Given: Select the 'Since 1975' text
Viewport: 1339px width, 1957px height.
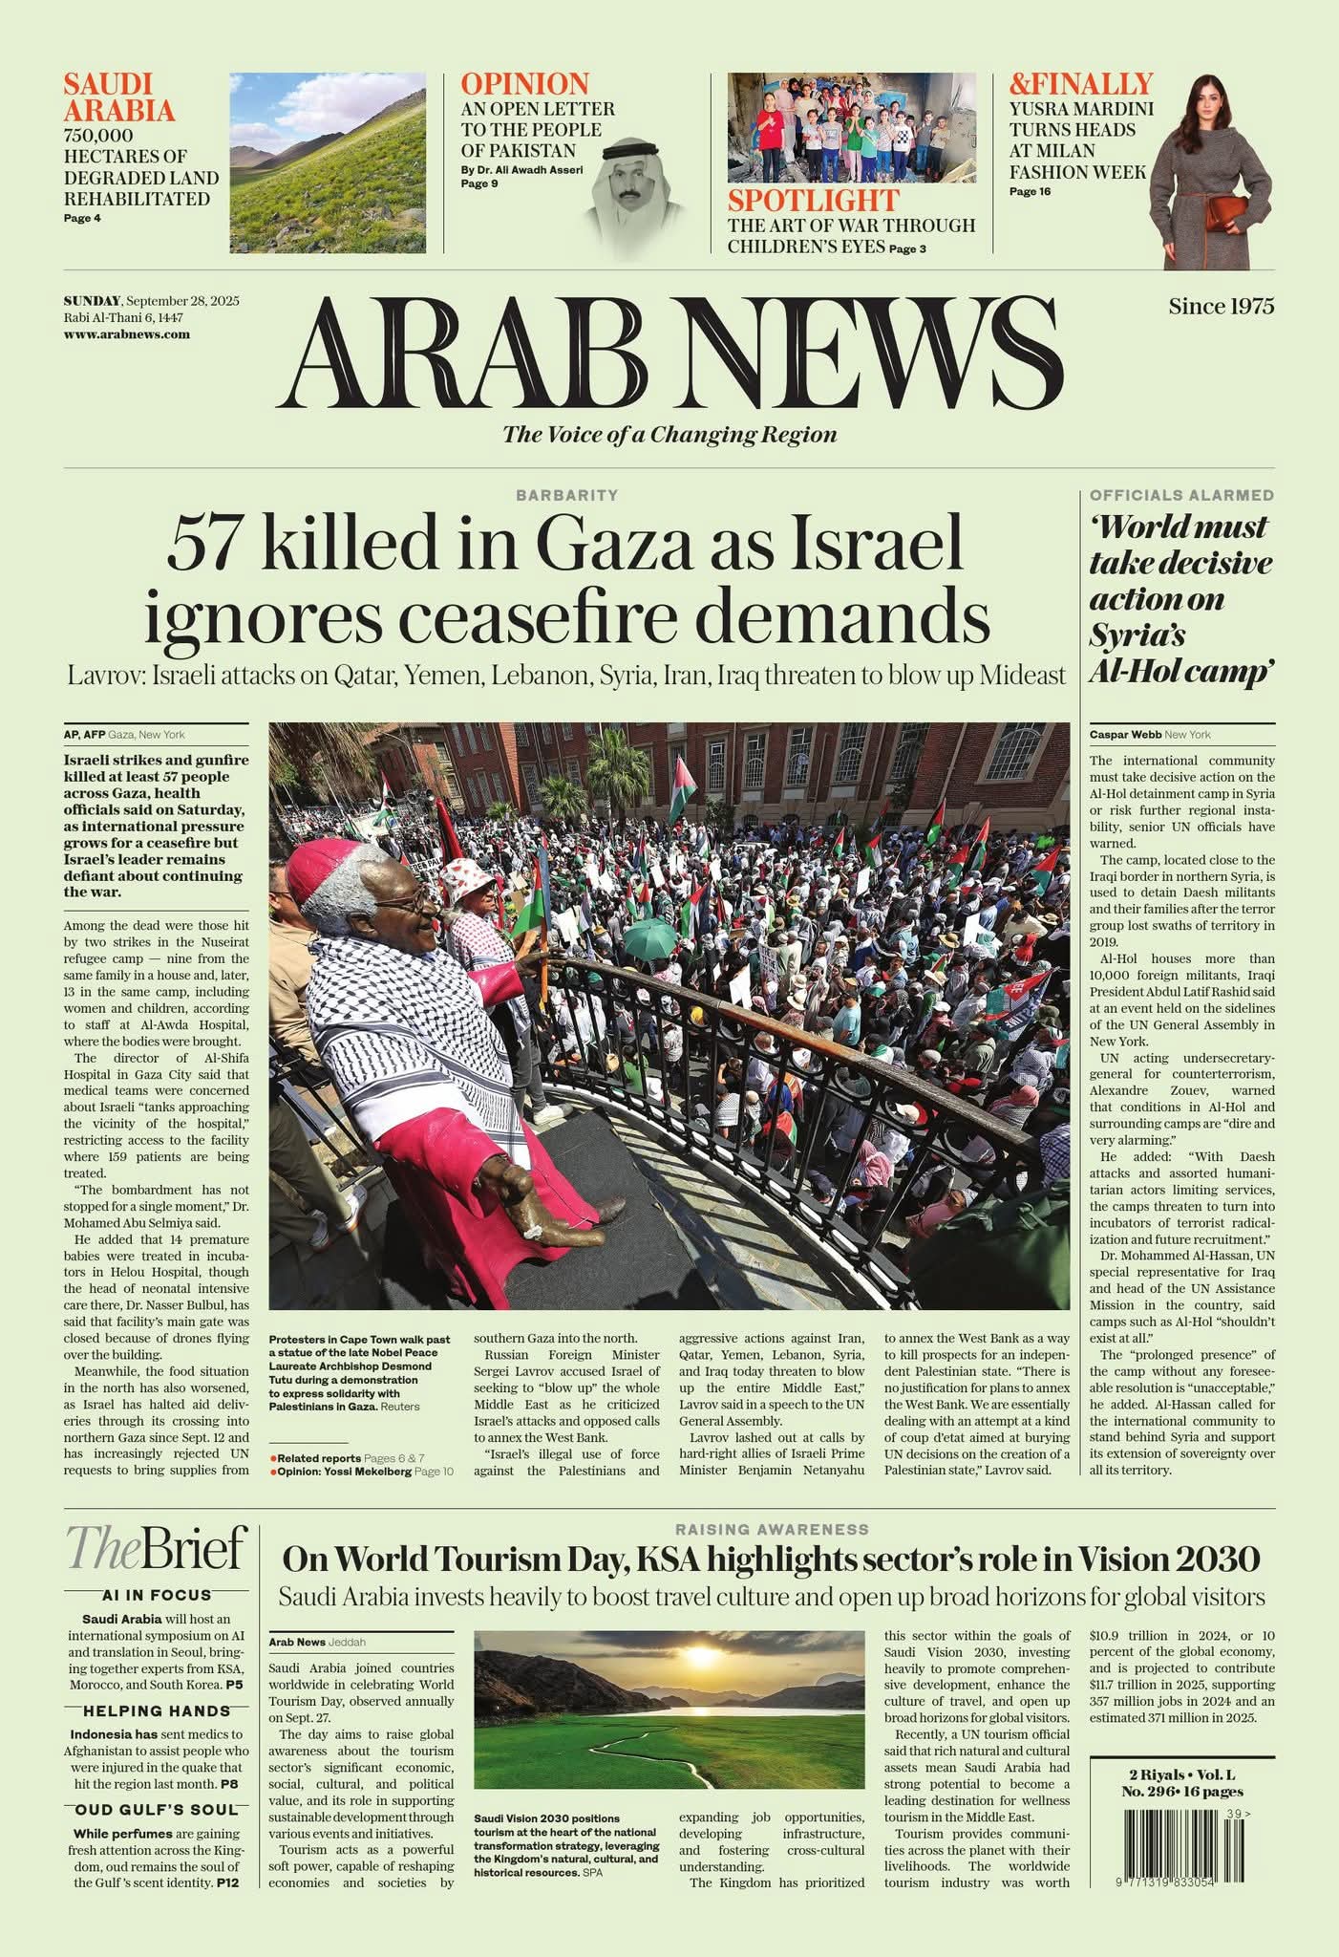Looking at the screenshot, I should pos(1221,307).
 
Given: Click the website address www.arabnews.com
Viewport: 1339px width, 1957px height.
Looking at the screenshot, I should pos(127,334).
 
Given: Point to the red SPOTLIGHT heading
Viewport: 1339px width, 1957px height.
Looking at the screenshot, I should pos(813,201).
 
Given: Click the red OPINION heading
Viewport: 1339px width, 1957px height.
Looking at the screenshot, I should pos(524,84).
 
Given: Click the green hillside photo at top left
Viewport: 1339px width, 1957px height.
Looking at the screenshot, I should pos(328,162).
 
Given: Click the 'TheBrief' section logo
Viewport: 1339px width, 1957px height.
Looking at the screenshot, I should pos(156,1549).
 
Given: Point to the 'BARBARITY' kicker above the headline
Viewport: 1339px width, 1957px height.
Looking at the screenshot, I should pos(567,495).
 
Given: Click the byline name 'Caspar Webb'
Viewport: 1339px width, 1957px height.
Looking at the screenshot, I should pos(1124,735).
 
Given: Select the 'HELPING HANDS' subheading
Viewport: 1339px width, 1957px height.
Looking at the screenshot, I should pos(156,1711).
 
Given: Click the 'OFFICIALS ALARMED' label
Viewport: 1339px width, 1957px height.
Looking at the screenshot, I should pos(1181,495).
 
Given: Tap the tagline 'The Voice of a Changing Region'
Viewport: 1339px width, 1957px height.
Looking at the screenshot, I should pos(669,435).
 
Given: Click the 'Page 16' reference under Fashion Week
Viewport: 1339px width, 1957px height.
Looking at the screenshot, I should pos(1030,192).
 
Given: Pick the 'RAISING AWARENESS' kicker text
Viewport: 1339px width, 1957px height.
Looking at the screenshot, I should pos(772,1530).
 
